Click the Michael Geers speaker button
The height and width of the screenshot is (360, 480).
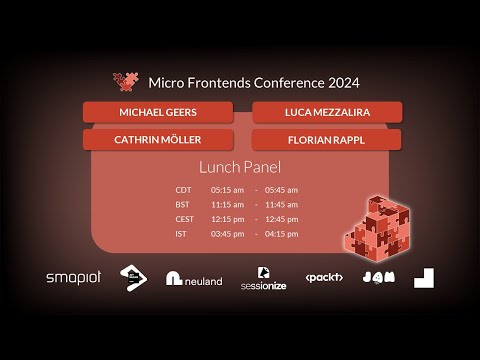point(158,112)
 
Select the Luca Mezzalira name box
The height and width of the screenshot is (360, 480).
point(327,112)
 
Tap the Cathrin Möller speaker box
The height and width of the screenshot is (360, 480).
point(158,139)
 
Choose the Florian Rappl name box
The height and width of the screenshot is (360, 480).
point(327,139)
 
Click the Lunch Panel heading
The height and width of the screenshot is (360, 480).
point(240,167)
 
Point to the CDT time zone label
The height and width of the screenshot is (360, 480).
point(183,189)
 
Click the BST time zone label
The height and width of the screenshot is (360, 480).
point(182,204)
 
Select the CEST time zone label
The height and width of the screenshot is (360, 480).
point(184,219)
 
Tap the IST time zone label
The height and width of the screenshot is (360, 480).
point(181,234)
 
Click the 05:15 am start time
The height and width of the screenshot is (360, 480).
point(227,189)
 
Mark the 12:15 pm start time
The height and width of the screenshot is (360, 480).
point(227,219)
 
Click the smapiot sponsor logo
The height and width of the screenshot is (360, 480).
point(74,277)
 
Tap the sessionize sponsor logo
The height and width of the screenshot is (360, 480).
point(263,278)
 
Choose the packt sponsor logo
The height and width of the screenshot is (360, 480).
point(324,277)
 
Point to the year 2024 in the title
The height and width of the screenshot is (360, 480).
point(342,83)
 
